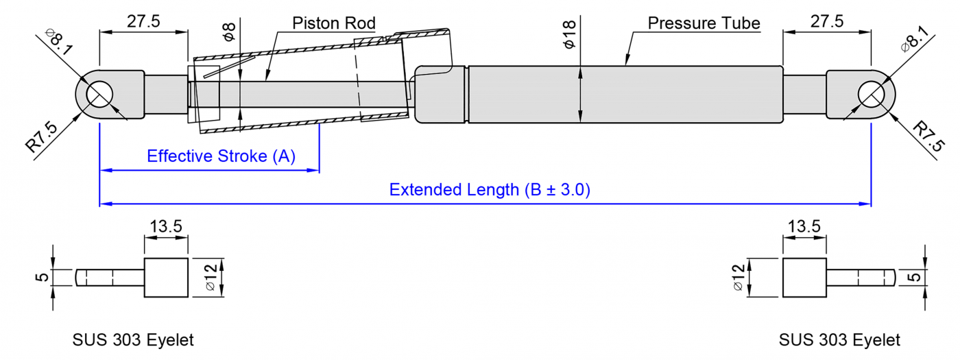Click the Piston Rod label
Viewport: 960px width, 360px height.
pos(333,23)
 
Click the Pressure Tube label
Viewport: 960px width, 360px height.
pos(704,23)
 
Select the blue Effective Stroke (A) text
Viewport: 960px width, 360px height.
pos(221,156)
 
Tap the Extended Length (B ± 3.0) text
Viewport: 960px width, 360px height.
pos(490,190)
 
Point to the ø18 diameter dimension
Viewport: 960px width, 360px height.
pos(568,35)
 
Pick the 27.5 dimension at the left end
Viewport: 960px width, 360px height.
pos(143,21)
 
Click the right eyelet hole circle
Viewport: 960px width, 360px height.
pos(871,94)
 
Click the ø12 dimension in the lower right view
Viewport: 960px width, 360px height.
pos(738,278)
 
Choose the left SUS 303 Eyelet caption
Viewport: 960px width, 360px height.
pos(133,339)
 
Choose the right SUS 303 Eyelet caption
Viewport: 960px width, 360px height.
pos(839,339)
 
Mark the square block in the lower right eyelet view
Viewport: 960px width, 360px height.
pos(804,278)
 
